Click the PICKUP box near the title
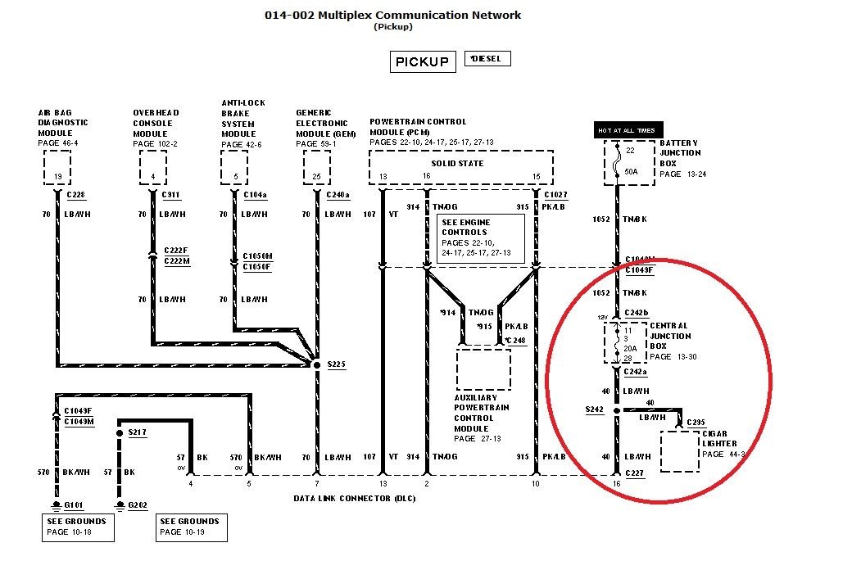422,61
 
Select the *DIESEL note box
487,59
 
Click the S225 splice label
337,364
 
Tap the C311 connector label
171,195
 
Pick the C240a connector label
338,195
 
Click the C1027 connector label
555,195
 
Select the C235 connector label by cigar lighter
696,423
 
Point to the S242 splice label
595,409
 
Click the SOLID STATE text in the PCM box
459,163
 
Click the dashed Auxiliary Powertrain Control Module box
483,369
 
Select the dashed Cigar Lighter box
679,450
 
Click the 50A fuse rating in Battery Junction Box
631,172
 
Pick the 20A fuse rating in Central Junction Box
630,347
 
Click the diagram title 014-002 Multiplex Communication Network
392,15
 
